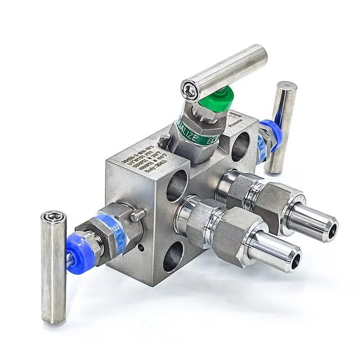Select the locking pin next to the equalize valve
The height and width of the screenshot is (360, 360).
[x=166, y=142]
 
